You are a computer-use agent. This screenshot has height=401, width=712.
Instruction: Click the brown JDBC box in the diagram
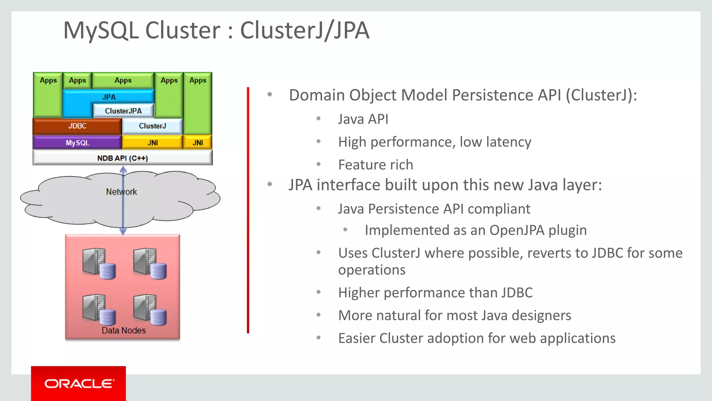click(77, 126)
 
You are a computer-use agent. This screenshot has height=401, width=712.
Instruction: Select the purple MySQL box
click(77, 143)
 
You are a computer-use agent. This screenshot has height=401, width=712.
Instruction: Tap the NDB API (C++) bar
click(122, 158)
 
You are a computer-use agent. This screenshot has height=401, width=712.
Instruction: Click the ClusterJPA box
click(123, 111)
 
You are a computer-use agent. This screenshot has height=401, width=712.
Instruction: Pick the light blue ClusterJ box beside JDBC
click(152, 126)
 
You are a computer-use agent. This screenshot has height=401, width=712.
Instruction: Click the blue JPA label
click(109, 97)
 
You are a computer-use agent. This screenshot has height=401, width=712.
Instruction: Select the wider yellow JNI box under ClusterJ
click(152, 143)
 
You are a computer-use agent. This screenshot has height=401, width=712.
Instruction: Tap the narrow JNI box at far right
click(198, 143)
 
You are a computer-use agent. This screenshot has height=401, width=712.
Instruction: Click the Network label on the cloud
click(121, 192)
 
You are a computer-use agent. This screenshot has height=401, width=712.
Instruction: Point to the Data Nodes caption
click(123, 330)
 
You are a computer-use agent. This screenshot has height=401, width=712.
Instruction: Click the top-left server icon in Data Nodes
click(98, 263)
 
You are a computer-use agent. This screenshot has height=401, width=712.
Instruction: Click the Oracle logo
click(79, 384)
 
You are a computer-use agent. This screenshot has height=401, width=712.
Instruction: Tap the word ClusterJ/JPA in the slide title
click(305, 30)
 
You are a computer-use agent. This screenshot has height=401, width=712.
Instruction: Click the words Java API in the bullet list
click(363, 119)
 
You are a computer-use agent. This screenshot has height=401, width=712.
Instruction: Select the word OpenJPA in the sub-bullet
click(517, 230)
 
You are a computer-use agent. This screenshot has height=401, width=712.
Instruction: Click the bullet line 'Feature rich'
click(375, 165)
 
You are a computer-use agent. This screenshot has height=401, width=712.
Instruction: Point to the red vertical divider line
click(248, 209)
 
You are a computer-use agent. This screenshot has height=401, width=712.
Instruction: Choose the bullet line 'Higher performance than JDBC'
click(435, 293)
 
